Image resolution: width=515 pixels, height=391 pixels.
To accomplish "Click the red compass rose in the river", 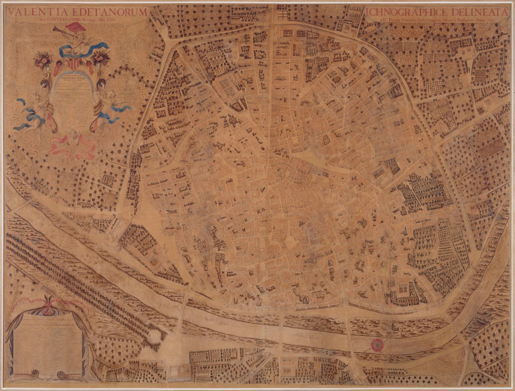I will [x=376, y=344].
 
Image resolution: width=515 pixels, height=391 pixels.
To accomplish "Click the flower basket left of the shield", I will [x=43, y=61].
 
